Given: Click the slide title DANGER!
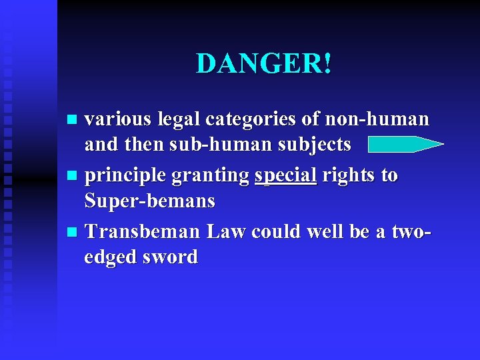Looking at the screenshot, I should pyautogui.click(x=264, y=64).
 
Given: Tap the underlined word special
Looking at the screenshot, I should pyautogui.click(x=285, y=176).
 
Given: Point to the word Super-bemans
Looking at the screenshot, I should pyautogui.click(x=150, y=200).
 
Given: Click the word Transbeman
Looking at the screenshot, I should pyautogui.click(x=143, y=231).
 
